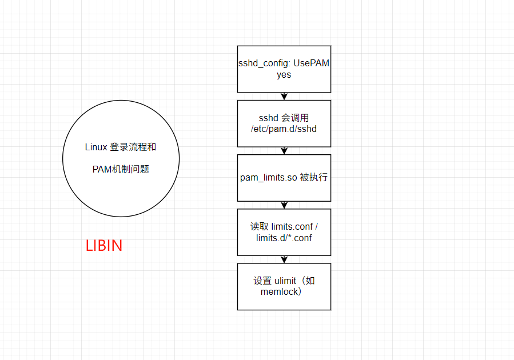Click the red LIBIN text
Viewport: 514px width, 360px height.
(104, 246)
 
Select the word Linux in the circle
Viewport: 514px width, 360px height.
(96, 147)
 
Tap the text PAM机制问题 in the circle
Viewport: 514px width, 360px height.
(121, 169)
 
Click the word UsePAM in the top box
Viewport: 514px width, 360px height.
(312, 63)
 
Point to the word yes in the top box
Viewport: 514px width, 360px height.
(284, 75)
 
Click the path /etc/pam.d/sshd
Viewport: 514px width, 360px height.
(284, 129)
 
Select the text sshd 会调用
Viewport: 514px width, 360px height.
(284, 118)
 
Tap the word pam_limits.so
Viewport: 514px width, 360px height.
(269, 178)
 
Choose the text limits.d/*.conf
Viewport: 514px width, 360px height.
(284, 238)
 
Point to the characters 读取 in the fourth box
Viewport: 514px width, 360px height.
(255, 227)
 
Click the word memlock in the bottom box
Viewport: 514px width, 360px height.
(279, 292)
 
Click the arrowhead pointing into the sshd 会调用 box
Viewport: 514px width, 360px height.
(284, 97)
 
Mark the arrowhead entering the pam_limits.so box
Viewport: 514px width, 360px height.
(284, 151)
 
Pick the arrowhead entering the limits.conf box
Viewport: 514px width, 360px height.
(284, 206)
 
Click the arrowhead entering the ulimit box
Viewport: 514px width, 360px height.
(284, 260)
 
